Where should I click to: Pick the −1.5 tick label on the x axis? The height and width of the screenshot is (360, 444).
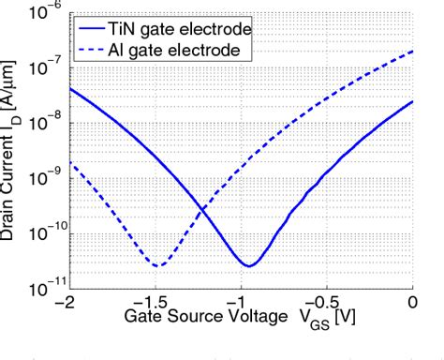152,306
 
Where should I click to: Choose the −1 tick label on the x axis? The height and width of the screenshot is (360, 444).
239,306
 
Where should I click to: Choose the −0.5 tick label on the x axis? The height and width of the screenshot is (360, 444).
326,306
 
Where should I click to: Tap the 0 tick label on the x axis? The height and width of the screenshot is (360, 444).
413,306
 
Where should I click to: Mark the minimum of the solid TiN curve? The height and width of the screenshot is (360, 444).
248,265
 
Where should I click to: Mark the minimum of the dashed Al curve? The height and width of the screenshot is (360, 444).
158,265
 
